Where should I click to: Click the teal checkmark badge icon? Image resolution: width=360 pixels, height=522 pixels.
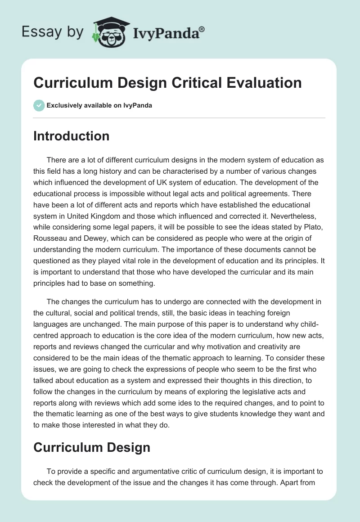[39, 105]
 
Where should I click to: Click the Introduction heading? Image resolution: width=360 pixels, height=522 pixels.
[71, 136]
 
